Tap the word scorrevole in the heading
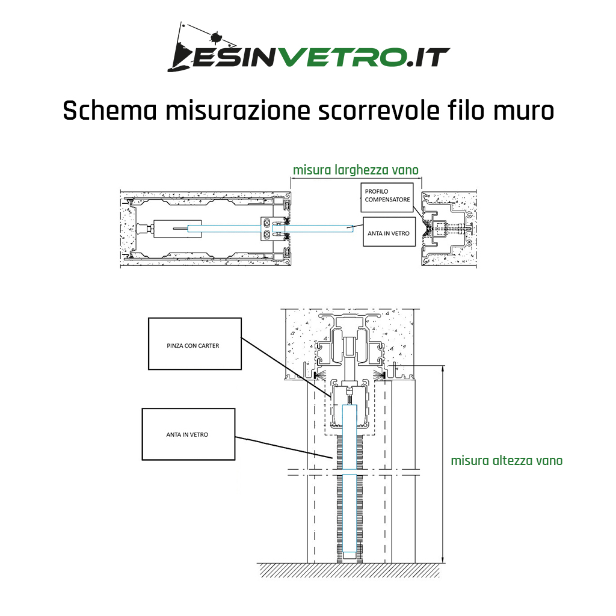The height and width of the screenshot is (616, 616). [x=378, y=111]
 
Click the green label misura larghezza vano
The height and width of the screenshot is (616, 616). [x=356, y=170]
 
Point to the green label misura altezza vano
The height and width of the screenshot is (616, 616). [x=507, y=460]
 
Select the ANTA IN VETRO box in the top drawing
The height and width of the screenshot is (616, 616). [x=389, y=232]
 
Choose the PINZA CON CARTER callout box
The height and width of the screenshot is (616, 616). [x=194, y=343]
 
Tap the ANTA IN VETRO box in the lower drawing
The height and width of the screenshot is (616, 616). [x=188, y=434]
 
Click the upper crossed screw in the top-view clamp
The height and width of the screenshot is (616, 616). [x=267, y=223]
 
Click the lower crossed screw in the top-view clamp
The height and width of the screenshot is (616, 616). [x=267, y=235]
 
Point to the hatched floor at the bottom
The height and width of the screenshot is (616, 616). [x=349, y=570]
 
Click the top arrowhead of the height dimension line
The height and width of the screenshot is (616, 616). [x=443, y=369]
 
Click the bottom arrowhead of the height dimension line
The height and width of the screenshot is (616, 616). [x=443, y=559]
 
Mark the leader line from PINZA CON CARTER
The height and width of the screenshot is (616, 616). [x=287, y=368]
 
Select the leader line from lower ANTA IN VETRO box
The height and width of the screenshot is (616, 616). [x=284, y=448]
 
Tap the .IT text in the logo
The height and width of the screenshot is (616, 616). [x=428, y=58]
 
